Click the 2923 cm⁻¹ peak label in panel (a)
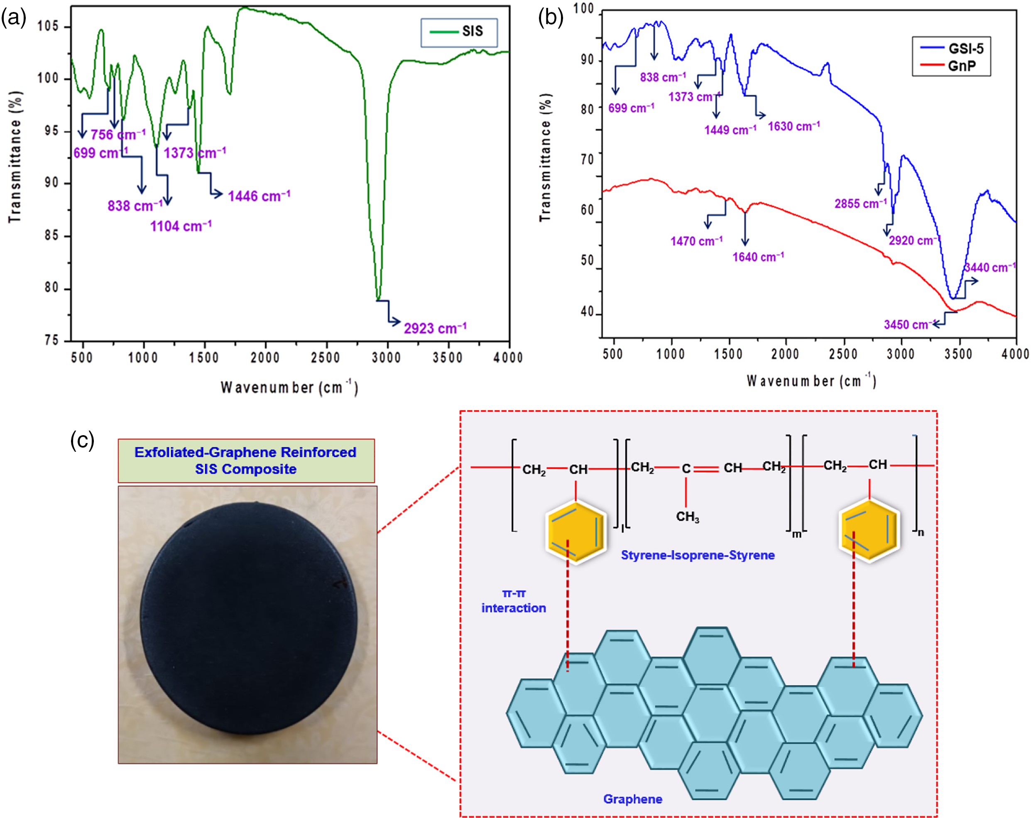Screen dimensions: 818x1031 pos(434,328)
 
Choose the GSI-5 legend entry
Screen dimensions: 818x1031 pos(952,48)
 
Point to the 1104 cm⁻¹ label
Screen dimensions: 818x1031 pos(181,226)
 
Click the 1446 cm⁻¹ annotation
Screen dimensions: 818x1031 pos(259,196)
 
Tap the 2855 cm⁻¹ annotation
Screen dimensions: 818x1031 pos(860,203)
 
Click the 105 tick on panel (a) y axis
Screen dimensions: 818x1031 pos(48,26)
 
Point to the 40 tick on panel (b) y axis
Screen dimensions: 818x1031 pos(587,312)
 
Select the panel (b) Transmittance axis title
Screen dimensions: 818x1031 pos(545,157)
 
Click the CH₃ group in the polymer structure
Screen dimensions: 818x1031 pos(687,517)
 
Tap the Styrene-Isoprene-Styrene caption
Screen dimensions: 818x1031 pos(698,555)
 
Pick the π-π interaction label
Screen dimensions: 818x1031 pos(514,601)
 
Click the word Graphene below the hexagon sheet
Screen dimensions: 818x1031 pos(633,799)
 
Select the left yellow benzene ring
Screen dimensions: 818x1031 pos(576,532)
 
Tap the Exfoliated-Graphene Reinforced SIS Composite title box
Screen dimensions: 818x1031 pos(246,460)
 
